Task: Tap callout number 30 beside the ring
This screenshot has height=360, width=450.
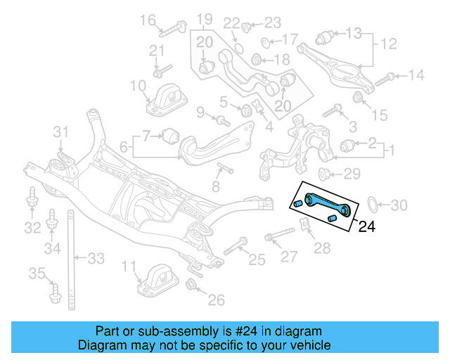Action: [x=399, y=206]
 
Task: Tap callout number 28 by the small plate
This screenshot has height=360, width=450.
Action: [x=321, y=247]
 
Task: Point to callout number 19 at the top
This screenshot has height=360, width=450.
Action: [x=204, y=18]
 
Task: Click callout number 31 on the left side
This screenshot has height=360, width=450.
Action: [x=63, y=131]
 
